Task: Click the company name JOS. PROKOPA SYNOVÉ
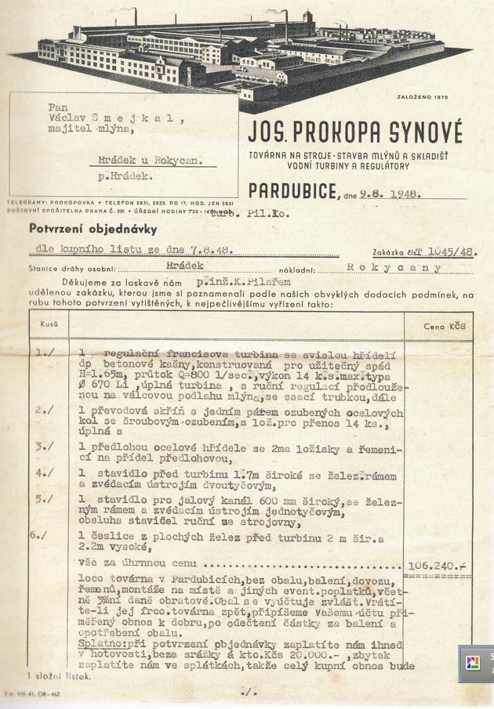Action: pyautogui.click(x=355, y=129)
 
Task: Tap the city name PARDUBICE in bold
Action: pyautogui.click(x=293, y=190)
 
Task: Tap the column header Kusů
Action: pyautogui.click(x=45, y=324)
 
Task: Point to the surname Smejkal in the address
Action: pyautogui.click(x=143, y=120)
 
